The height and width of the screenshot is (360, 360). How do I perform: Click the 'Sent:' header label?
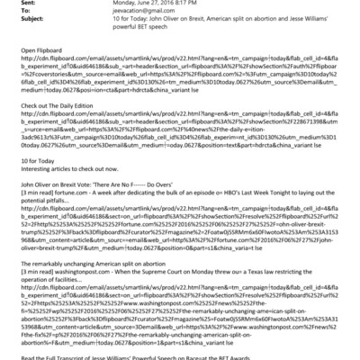coord(13,4)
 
